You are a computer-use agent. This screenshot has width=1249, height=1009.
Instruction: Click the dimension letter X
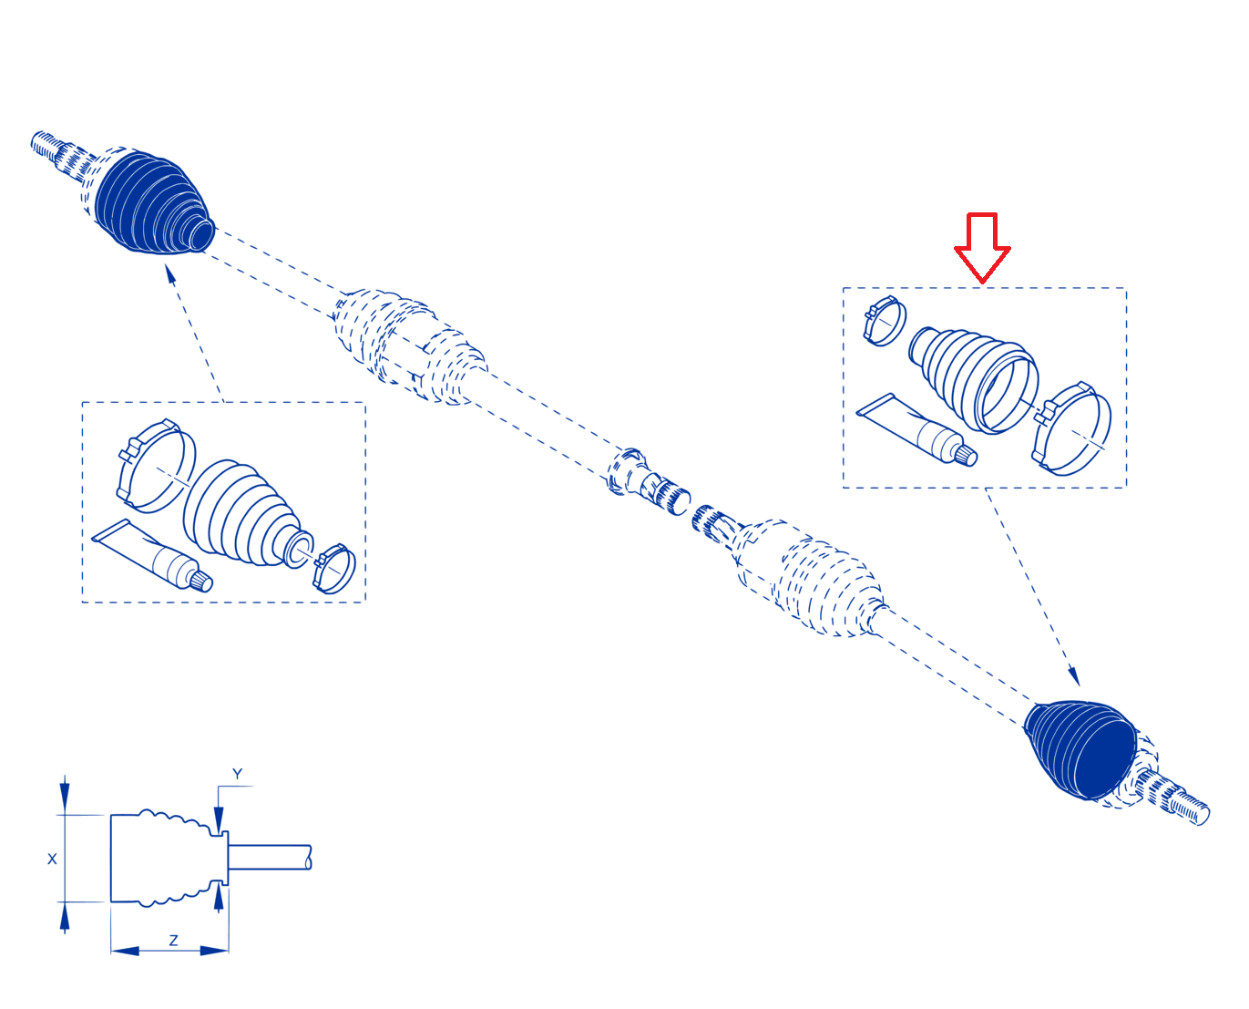pyautogui.click(x=52, y=859)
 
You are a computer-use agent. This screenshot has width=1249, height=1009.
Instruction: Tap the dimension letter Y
pyautogui.click(x=237, y=775)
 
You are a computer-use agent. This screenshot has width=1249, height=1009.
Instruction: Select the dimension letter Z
pyautogui.click(x=174, y=941)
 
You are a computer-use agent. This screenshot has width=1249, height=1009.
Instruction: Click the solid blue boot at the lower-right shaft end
pyautogui.click(x=1080, y=749)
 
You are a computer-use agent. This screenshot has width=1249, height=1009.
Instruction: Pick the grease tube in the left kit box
pyautogui.click(x=152, y=555)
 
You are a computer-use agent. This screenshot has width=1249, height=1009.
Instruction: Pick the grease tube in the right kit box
pyautogui.click(x=916, y=428)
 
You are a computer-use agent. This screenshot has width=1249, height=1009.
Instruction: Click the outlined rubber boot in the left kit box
pyautogui.click(x=246, y=514)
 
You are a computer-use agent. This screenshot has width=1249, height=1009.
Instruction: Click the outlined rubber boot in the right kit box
pyautogui.click(x=973, y=380)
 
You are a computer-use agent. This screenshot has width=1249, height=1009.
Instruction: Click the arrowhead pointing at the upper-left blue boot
pyautogui.click(x=170, y=275)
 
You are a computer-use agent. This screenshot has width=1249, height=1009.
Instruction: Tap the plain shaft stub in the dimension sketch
pyautogui.click(x=269, y=857)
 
